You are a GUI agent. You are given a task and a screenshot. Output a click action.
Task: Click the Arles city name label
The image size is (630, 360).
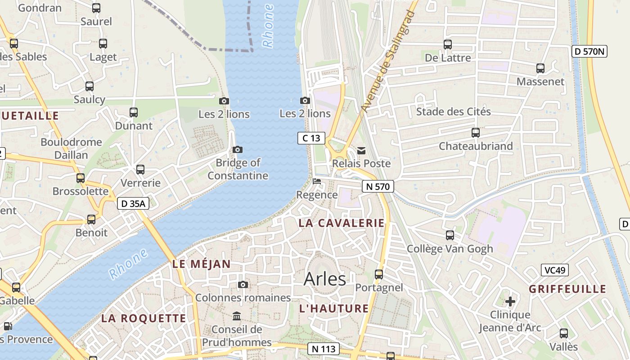(x=325, y=279)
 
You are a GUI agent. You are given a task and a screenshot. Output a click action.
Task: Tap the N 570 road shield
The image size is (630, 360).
(x=378, y=186)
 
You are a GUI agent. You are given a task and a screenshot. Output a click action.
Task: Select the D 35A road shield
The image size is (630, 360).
(x=133, y=203)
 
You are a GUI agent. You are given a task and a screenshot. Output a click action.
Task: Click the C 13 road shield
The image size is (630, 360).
(x=311, y=138)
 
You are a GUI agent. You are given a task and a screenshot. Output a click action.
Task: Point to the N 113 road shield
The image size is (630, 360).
(x=323, y=348)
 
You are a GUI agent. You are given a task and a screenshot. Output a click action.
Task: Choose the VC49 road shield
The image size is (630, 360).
(x=555, y=270)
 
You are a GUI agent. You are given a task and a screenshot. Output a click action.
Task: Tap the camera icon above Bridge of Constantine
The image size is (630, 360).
(x=238, y=149)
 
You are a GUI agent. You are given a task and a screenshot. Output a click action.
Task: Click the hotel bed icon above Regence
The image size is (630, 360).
(x=317, y=182)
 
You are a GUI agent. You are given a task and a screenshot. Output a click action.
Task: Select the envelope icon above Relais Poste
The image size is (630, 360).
(x=361, y=150)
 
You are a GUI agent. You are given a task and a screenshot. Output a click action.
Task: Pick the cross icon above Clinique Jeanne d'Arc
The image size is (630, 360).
(x=510, y=301)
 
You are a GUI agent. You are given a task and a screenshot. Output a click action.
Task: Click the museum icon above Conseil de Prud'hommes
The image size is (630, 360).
(x=237, y=316)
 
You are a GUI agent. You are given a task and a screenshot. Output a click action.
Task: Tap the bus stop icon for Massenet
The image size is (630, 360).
(x=540, y=68)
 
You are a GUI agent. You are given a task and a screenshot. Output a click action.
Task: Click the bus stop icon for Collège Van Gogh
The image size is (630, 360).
(x=450, y=235)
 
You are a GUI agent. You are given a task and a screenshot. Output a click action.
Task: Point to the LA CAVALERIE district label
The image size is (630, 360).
(x=342, y=223)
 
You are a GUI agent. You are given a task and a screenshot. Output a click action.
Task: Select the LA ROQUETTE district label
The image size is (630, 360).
(x=144, y=318)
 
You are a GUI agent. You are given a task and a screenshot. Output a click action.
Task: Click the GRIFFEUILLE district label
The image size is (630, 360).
(x=567, y=289)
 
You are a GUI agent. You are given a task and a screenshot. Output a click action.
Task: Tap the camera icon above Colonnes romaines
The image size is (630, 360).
(x=243, y=284)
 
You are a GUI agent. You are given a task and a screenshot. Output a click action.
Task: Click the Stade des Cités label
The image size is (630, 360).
(x=453, y=112)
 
